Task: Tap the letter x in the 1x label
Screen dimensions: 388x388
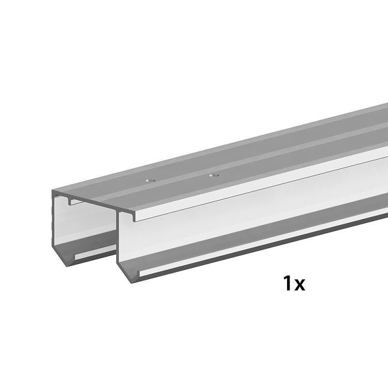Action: tap(300, 285)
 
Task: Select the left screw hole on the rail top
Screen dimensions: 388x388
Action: tap(149, 180)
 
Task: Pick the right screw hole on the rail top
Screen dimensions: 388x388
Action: tap(214, 176)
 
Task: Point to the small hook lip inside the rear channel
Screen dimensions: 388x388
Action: tap(70, 201)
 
